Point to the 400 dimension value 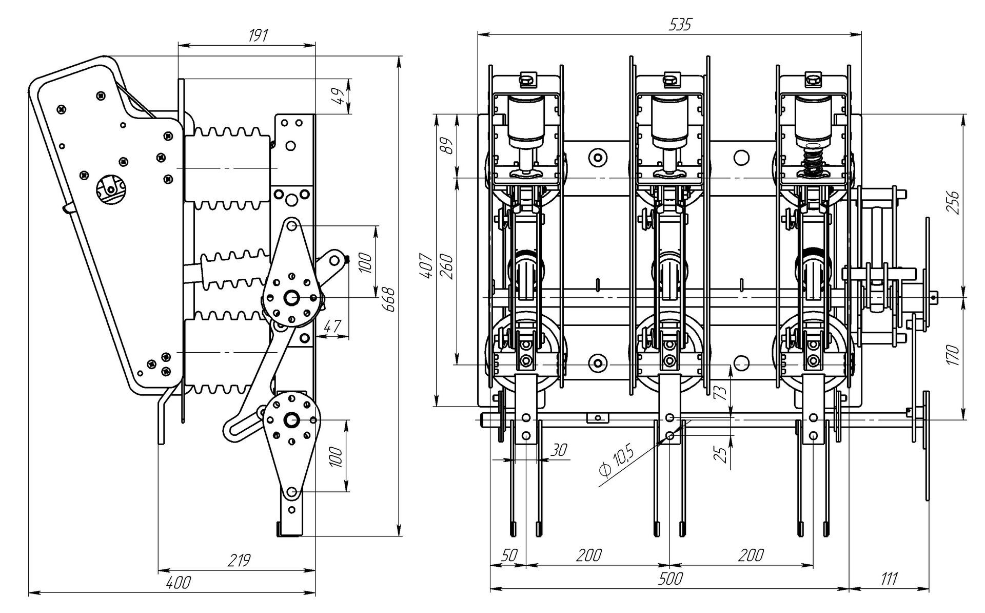click(179, 583)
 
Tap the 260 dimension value click(446, 266)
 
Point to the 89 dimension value click(447, 146)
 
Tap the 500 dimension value click(670, 578)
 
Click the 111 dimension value click(889, 579)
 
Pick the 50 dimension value click(509, 555)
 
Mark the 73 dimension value click(720, 392)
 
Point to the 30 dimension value click(559, 450)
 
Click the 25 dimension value click(721, 454)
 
